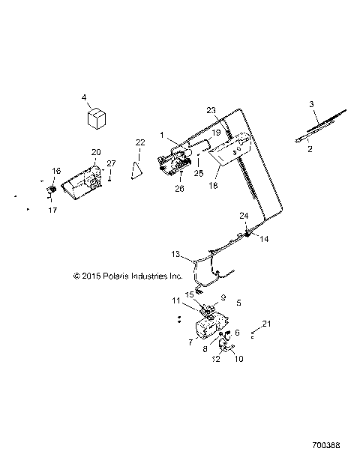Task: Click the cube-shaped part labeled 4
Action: pyautogui.click(x=96, y=118)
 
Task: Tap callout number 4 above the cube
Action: pyautogui.click(x=84, y=97)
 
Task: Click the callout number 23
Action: pyautogui.click(x=211, y=110)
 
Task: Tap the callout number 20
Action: pyautogui.click(x=96, y=152)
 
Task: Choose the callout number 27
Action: pyautogui.click(x=111, y=163)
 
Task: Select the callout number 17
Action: pyautogui.click(x=53, y=210)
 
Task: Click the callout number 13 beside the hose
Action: pyautogui.click(x=176, y=253)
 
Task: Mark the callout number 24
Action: pyautogui.click(x=244, y=216)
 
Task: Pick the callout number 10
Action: pyautogui.click(x=239, y=359)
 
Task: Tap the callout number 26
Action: pyautogui.click(x=179, y=188)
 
